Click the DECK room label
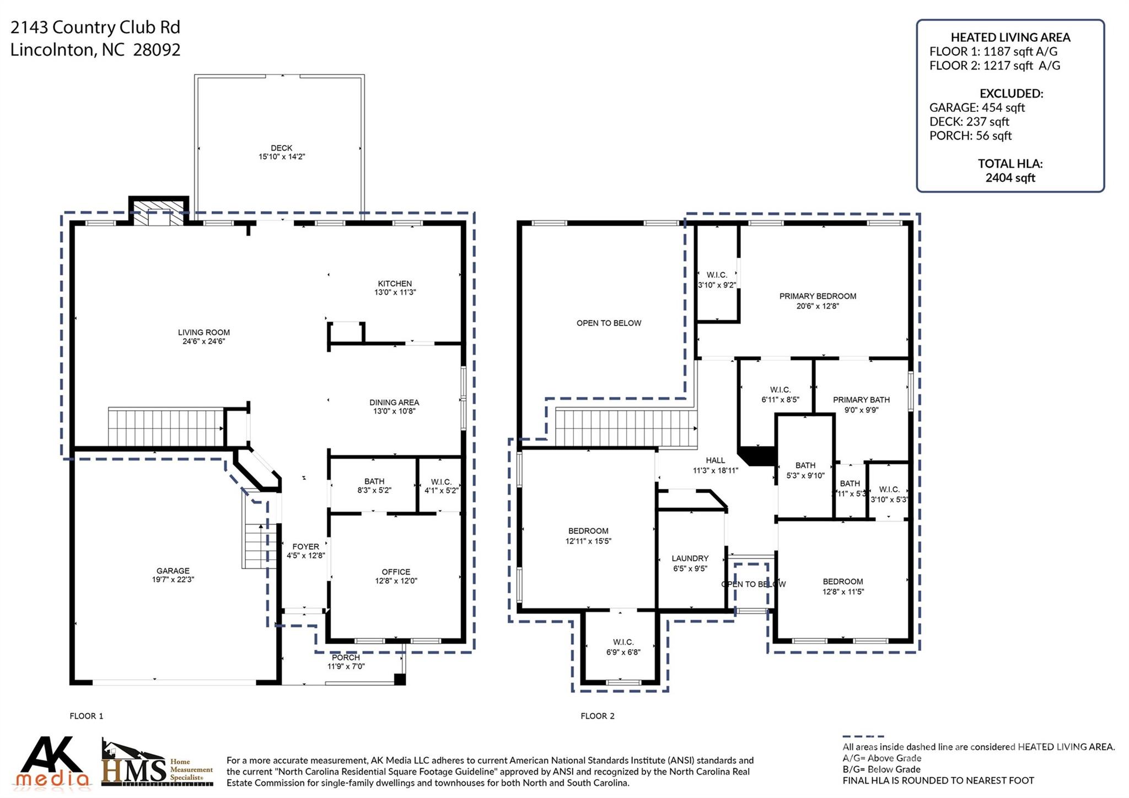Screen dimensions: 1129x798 click(x=282, y=148)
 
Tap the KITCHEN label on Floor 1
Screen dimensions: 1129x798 click(x=395, y=283)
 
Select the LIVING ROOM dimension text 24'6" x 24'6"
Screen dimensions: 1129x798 click(x=204, y=341)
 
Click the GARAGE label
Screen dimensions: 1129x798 click(x=173, y=571)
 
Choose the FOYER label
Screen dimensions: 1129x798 click(x=306, y=547)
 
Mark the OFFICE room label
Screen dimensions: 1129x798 click(x=396, y=572)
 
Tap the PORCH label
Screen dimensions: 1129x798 click(x=346, y=657)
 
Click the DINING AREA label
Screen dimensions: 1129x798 click(x=394, y=402)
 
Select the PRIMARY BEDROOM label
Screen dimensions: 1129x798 click(x=818, y=296)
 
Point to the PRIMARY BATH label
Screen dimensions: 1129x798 click(x=861, y=400)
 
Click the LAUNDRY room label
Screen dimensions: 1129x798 click(x=690, y=558)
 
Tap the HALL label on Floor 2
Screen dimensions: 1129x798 click(x=716, y=460)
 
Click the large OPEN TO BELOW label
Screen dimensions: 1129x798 click(x=609, y=323)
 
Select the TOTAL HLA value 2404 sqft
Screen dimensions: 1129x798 click(x=1010, y=178)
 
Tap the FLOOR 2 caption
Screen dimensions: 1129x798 click(x=597, y=716)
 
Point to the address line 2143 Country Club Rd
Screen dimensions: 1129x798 click(x=95, y=27)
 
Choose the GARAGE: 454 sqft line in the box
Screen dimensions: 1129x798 click(x=977, y=108)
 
